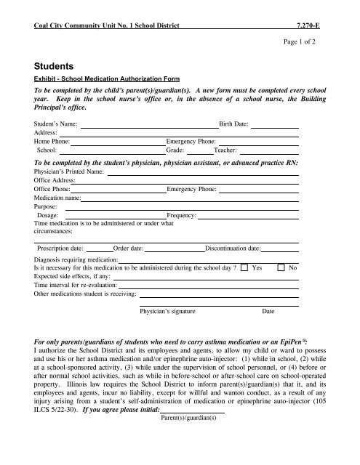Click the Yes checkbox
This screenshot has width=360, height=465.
point(244,268)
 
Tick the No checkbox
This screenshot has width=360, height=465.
point(281,268)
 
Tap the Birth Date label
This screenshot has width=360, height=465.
point(234,125)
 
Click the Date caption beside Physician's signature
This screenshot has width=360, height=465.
point(268,310)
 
